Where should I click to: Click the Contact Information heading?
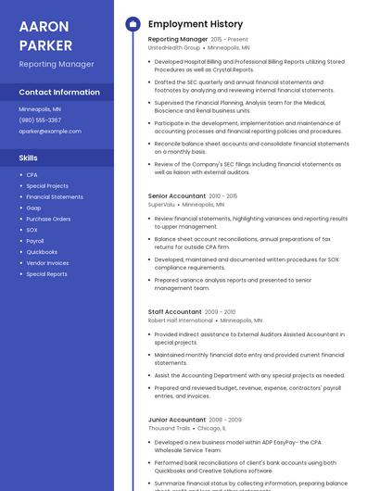[x=59, y=92]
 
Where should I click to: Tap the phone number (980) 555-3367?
[x=40, y=120]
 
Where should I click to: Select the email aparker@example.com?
[x=50, y=131]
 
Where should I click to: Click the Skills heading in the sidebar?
[x=28, y=157]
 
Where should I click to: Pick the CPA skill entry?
[x=32, y=175]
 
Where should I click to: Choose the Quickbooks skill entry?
[x=42, y=252]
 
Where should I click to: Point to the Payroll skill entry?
[x=35, y=241]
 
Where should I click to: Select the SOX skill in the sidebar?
[x=32, y=230]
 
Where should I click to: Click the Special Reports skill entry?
[x=46, y=274]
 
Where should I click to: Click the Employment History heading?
[x=196, y=24]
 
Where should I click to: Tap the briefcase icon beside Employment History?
[x=133, y=24]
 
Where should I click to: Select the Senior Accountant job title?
[x=177, y=196]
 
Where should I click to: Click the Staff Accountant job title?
[x=174, y=312]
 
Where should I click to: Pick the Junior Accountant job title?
[x=177, y=420]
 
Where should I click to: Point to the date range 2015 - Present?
[x=230, y=40]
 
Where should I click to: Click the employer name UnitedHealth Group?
[x=173, y=47]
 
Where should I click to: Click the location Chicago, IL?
[x=211, y=428]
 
